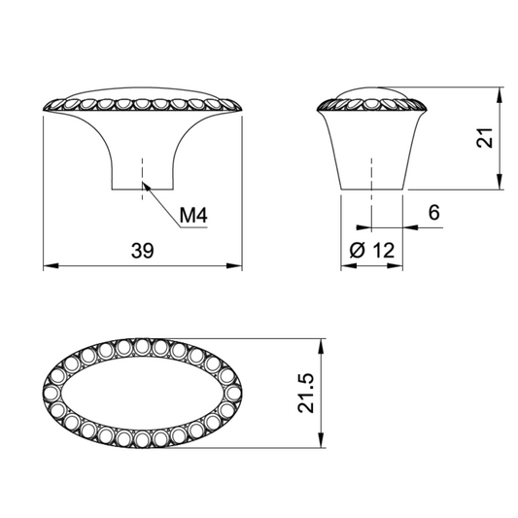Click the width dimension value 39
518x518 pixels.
(143, 250)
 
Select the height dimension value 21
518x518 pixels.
(489, 139)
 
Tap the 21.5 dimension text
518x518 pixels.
(308, 394)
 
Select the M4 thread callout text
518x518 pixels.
(193, 216)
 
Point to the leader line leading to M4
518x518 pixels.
(160, 205)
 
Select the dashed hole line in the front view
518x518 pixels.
(143, 170)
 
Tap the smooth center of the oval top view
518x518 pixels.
(143, 394)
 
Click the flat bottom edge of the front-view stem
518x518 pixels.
(143, 188)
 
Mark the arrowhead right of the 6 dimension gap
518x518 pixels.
(407, 228)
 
